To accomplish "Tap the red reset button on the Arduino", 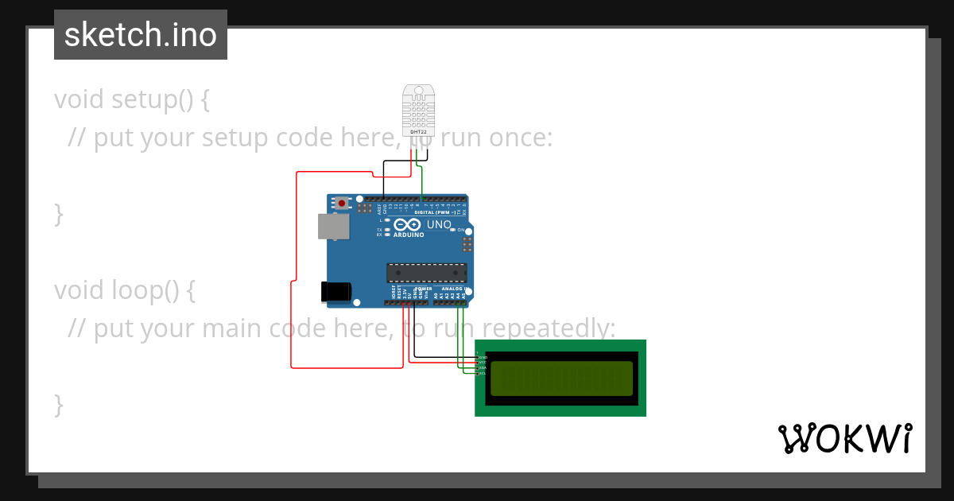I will pyautogui.click(x=342, y=204).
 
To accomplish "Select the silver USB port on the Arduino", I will pyautogui.click(x=333, y=226).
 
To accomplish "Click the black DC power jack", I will pyautogui.click(x=335, y=291).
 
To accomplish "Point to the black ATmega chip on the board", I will pyautogui.click(x=426, y=273).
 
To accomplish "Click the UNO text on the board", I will pyautogui.click(x=440, y=225).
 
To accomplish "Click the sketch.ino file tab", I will pyautogui.click(x=141, y=35).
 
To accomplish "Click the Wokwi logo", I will pyautogui.click(x=844, y=438).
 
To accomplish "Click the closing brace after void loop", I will pyautogui.click(x=58, y=404).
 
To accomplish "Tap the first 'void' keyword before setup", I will pyautogui.click(x=79, y=99).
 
